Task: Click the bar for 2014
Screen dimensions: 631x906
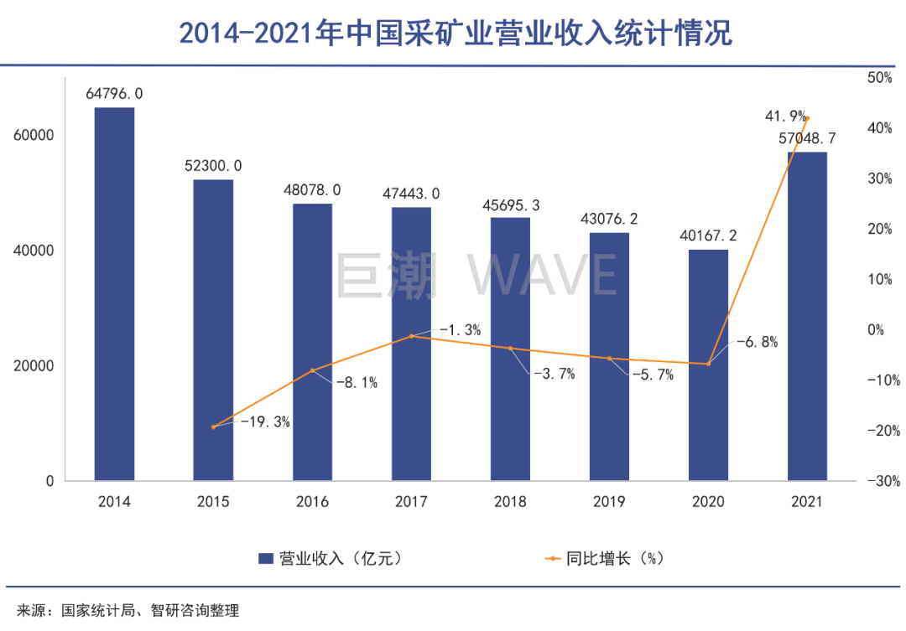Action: (114, 293)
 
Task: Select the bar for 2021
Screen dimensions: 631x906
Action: (807, 316)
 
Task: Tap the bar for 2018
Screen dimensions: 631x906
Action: (510, 349)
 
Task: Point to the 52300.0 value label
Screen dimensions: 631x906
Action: (213, 166)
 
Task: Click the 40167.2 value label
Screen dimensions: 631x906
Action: (708, 236)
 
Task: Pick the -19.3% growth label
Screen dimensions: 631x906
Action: (265, 422)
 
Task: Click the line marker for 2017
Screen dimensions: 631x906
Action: (411, 336)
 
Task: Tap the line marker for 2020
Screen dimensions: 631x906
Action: (708, 364)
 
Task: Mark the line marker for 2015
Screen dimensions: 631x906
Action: (213, 427)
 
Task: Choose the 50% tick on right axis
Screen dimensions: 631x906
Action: (880, 78)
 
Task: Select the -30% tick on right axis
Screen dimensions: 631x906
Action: (880, 481)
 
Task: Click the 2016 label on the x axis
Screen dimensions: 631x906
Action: (312, 503)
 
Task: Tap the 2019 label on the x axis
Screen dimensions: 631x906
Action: (609, 503)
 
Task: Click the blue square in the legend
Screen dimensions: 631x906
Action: (266, 558)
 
